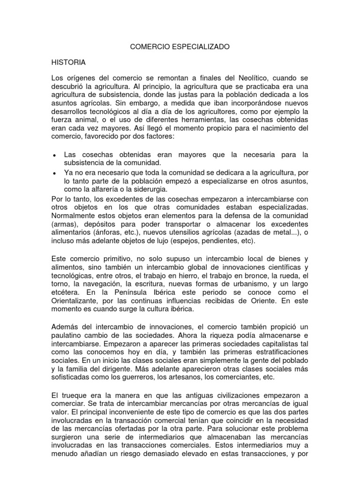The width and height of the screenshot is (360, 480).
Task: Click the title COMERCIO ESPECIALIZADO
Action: click(x=180, y=47)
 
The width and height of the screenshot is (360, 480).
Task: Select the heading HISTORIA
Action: click(x=68, y=62)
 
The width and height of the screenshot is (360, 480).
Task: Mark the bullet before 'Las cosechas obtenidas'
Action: click(x=55, y=155)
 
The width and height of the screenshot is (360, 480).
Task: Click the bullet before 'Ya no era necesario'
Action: click(x=55, y=173)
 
